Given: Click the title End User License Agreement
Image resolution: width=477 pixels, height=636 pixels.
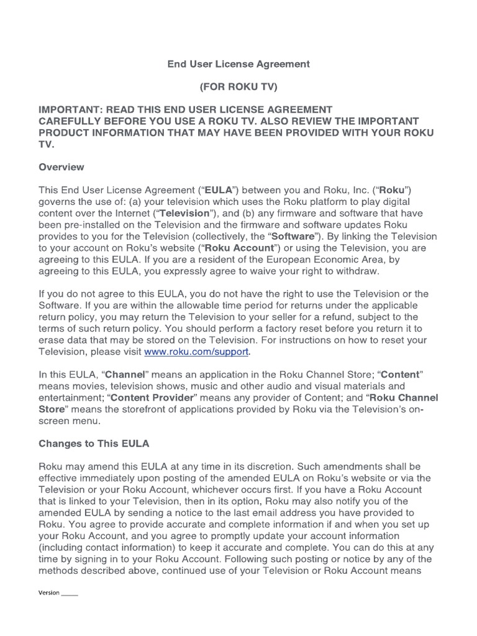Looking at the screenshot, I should click(x=238, y=64).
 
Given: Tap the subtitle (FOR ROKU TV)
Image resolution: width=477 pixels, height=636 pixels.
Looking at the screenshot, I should click(x=238, y=87).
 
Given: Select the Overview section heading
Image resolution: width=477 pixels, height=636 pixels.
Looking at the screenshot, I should click(x=61, y=167).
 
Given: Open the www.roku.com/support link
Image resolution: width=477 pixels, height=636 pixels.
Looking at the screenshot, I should click(x=196, y=352).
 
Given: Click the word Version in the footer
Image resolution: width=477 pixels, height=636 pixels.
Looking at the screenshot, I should click(x=49, y=593).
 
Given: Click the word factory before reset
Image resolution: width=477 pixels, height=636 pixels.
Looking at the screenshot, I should click(x=299, y=329).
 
